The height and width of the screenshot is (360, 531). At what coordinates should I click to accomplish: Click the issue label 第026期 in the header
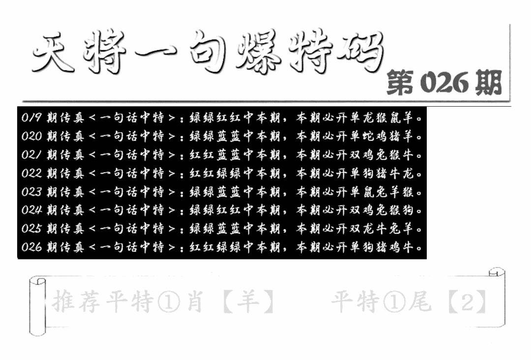[444, 83]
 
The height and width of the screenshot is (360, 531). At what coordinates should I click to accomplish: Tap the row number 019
[31, 118]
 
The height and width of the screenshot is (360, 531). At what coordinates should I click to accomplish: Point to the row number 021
[31, 155]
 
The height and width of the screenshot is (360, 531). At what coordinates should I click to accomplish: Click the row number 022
[31, 173]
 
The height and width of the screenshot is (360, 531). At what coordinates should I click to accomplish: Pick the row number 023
[31, 192]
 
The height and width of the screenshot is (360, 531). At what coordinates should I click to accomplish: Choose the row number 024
[31, 210]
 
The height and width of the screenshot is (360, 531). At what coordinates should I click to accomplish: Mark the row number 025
[31, 229]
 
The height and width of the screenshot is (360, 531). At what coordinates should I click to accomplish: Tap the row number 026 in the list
[31, 247]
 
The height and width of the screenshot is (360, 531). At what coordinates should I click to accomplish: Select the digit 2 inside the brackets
[467, 301]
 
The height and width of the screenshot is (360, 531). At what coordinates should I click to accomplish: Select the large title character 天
[54, 54]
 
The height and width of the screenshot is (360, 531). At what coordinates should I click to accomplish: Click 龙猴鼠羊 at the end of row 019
[394, 118]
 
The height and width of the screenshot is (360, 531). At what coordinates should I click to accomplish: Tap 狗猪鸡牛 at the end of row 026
[394, 247]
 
